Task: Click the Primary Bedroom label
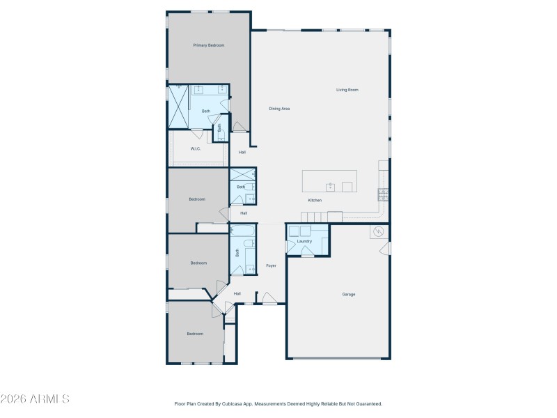coord(209,45)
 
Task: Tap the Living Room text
coord(347,90)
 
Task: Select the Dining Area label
coord(279,109)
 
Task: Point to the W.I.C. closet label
coord(196,148)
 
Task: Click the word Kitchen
coord(315,201)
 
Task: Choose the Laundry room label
coord(304,242)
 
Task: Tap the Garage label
coord(348,294)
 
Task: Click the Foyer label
coord(271,265)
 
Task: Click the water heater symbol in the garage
coord(379,232)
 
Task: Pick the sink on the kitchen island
coord(331,186)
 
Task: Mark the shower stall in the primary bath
coord(179,107)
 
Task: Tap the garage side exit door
coord(386,248)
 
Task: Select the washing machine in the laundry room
coord(295,231)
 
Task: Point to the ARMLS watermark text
coord(35,399)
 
